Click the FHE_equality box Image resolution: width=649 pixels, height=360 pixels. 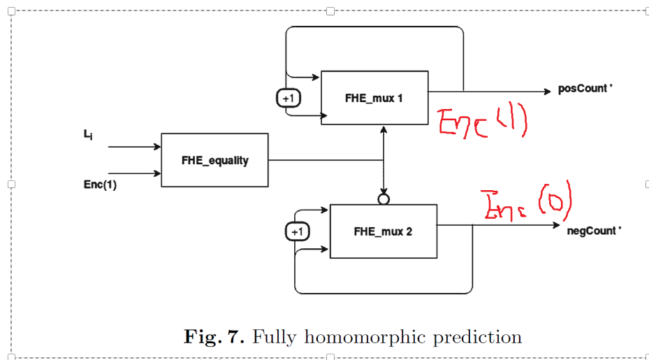pyautogui.click(x=214, y=160)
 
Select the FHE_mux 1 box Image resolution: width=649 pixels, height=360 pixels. pyautogui.click(x=374, y=98)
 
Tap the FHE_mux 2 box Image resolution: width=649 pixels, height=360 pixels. pyautogui.click(x=383, y=231)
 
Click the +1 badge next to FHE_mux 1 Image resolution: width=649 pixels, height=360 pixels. pyautogui.click(x=288, y=99)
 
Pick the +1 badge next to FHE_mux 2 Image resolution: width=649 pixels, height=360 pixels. pyautogui.click(x=298, y=231)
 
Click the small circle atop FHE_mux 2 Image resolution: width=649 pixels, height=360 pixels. pyautogui.click(x=383, y=199)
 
